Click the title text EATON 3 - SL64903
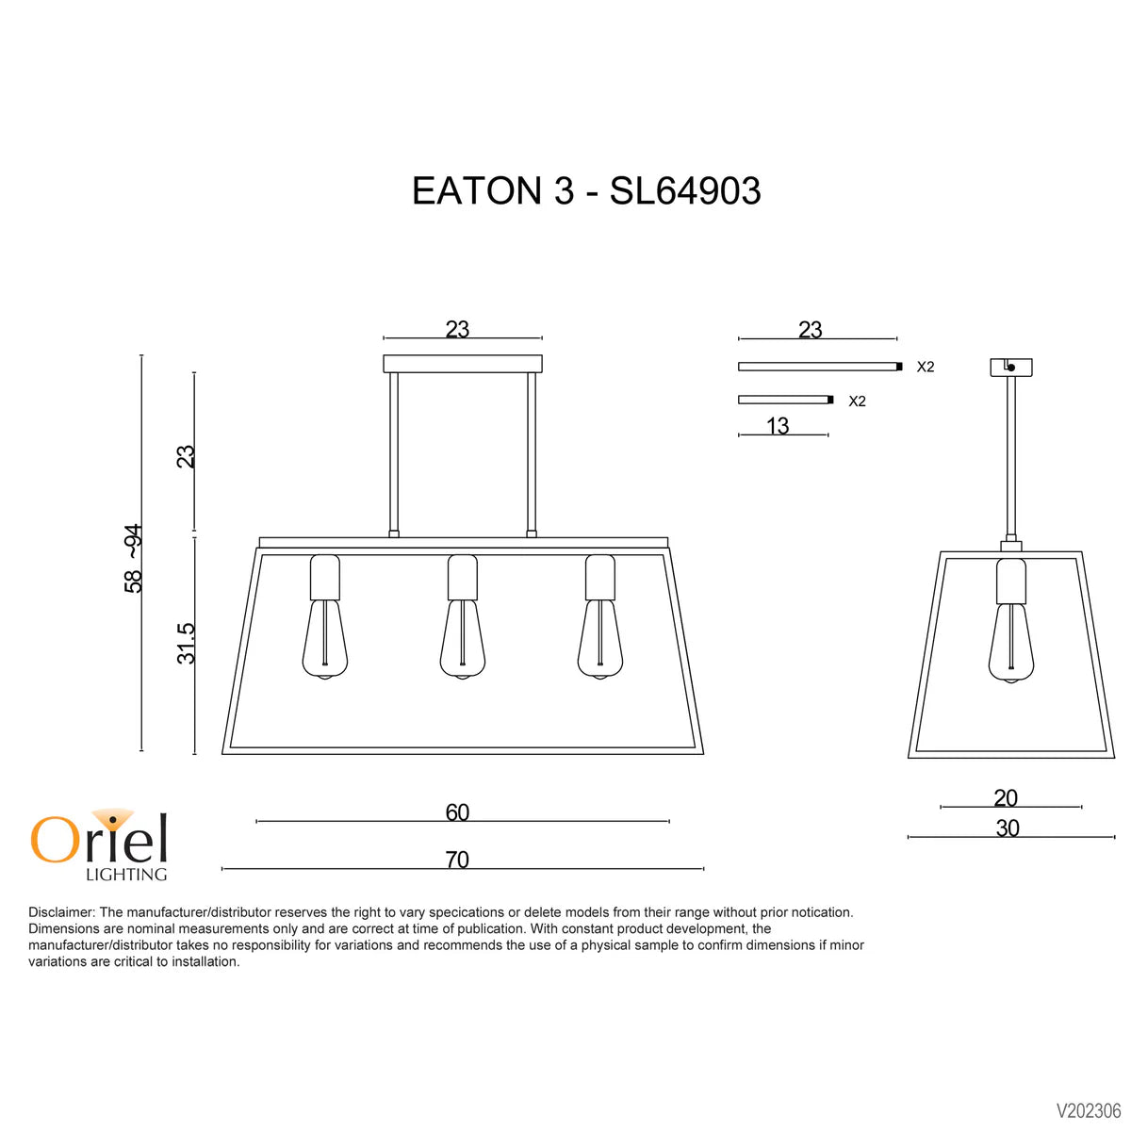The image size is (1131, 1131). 585,191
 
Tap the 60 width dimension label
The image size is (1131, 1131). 457,812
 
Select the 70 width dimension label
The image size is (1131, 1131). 457,860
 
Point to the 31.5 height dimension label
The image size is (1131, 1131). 187,644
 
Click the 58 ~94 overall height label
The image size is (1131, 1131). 134,558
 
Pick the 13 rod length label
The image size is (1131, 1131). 778,426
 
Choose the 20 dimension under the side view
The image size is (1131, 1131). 1006,798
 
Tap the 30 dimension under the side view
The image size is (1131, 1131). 1008,828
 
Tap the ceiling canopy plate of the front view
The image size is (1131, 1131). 463,364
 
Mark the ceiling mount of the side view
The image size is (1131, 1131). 1011,367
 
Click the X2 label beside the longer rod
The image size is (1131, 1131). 926,367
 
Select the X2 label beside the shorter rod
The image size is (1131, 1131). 857,402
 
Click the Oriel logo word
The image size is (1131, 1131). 99,838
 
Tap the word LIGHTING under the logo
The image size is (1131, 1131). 126,875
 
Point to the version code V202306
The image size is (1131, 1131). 1089,1111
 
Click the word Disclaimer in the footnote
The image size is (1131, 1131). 61,912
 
